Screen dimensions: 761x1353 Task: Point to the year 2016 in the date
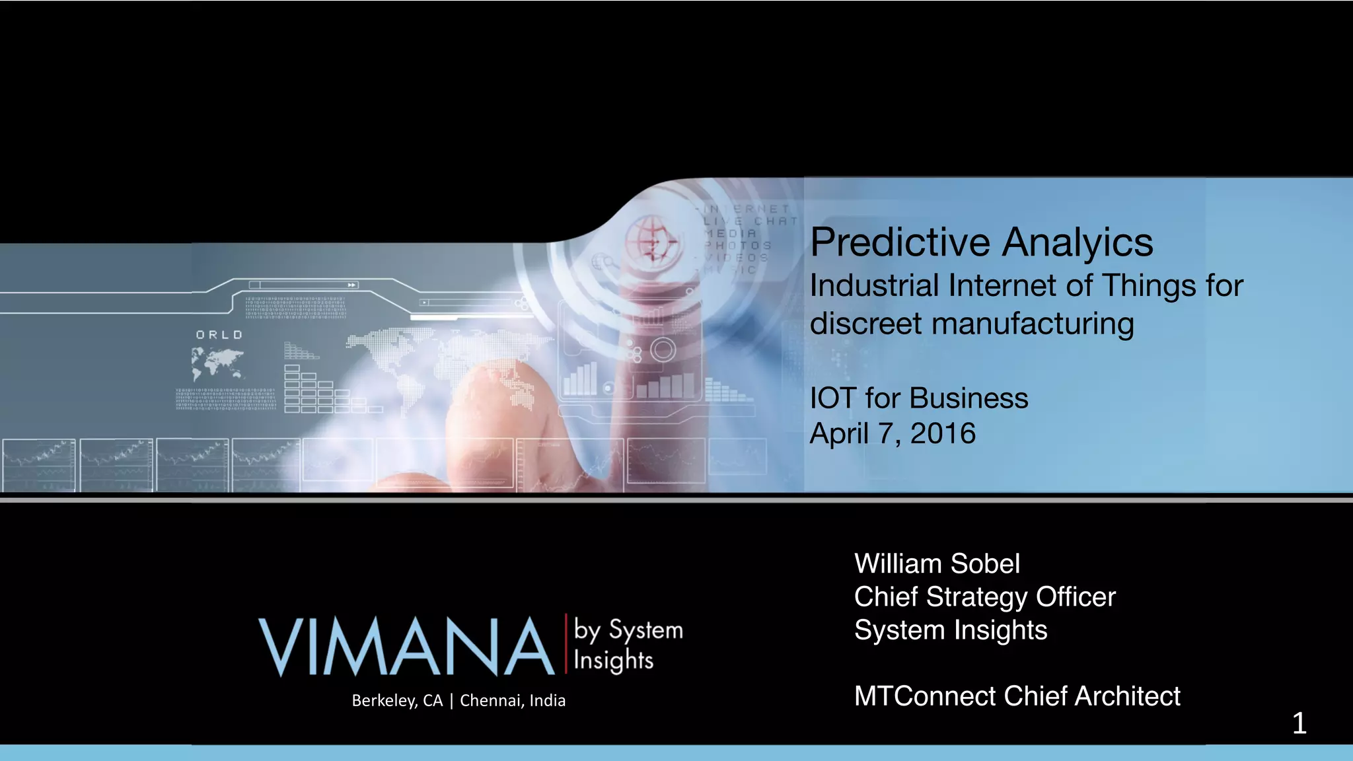coord(943,433)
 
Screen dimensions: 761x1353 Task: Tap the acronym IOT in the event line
coord(832,398)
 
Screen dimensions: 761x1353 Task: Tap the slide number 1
coord(1299,723)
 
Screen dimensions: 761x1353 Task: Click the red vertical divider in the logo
coord(566,643)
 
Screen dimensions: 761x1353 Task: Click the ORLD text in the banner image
coord(219,335)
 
